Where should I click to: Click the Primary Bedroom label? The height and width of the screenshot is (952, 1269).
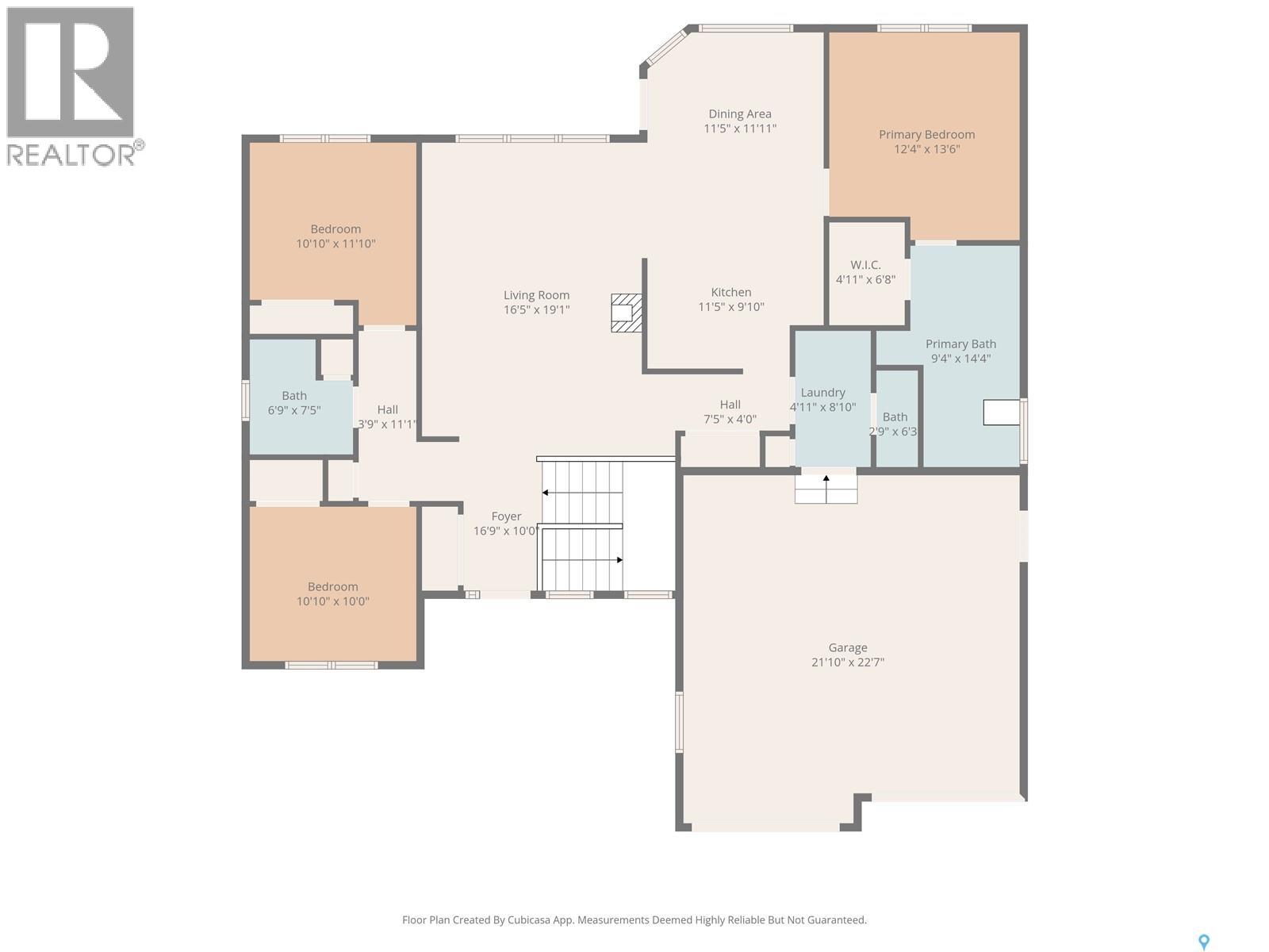[x=926, y=135]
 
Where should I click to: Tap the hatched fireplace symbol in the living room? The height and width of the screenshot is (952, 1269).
[x=626, y=313]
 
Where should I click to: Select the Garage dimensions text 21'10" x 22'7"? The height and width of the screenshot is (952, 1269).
[x=848, y=662]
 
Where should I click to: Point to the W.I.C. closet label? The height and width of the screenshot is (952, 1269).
[x=865, y=265]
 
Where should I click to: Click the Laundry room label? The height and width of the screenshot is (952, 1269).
[x=822, y=393]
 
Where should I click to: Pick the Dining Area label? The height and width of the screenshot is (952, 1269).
[x=740, y=114]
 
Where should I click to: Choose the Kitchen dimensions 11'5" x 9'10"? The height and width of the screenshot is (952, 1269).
[x=731, y=307]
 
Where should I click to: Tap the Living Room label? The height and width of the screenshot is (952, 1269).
[x=536, y=295]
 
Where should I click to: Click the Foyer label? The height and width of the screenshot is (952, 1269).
[x=507, y=516]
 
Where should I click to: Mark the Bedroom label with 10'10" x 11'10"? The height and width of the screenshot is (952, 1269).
[x=335, y=229]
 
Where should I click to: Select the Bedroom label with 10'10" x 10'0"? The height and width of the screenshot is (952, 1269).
[x=332, y=587]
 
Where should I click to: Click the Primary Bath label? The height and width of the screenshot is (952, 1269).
[x=960, y=344]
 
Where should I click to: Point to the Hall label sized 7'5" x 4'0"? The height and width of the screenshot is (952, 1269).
[x=730, y=405]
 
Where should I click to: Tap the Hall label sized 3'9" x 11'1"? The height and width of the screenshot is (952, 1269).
[x=387, y=410]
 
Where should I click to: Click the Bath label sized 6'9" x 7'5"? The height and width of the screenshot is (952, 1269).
[x=294, y=396]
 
